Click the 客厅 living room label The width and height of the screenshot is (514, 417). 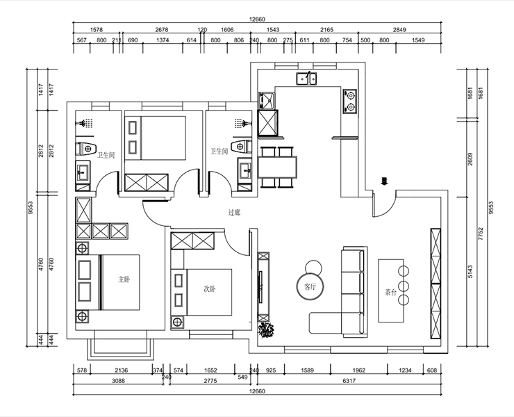point(310,287)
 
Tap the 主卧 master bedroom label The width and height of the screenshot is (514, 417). point(124,279)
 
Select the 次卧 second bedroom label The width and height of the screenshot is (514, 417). point(210,289)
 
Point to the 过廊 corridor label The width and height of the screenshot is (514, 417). point(234,213)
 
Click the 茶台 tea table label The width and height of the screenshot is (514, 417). point(391,292)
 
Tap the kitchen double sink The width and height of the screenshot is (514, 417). point(307,79)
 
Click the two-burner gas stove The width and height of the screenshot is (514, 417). point(350,101)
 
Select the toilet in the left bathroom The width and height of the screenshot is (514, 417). point(86,149)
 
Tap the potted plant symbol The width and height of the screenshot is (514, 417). point(266,330)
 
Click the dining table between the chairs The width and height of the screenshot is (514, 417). point(277,167)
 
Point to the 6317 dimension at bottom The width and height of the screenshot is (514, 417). point(349,381)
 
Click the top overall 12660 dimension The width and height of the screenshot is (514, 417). point(257,19)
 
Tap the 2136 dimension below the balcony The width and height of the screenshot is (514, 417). point(122,370)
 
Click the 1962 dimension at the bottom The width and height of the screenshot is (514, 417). point(359,370)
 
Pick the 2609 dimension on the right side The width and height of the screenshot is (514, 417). point(470,158)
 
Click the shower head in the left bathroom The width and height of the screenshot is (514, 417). point(85,123)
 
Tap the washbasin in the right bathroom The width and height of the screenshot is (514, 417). point(245,170)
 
